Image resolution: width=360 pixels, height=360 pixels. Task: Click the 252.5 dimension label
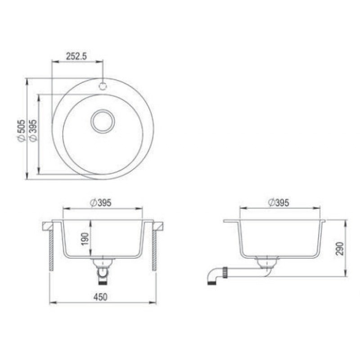click(x=76, y=56)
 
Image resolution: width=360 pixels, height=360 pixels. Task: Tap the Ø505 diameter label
click(x=21, y=130)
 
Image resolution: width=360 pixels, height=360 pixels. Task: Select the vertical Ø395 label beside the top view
click(x=33, y=130)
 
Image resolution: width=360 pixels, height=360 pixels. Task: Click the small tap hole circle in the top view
click(x=103, y=86)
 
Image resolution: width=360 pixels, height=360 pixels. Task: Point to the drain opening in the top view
click(x=103, y=121)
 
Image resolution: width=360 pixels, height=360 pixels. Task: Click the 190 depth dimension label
click(x=85, y=239)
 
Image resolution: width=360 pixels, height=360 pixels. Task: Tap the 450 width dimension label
click(x=100, y=297)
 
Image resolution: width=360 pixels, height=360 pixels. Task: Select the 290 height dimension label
click(x=340, y=248)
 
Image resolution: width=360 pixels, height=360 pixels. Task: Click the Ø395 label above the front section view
click(x=101, y=203)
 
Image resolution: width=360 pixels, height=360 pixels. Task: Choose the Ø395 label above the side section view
click(x=279, y=203)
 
